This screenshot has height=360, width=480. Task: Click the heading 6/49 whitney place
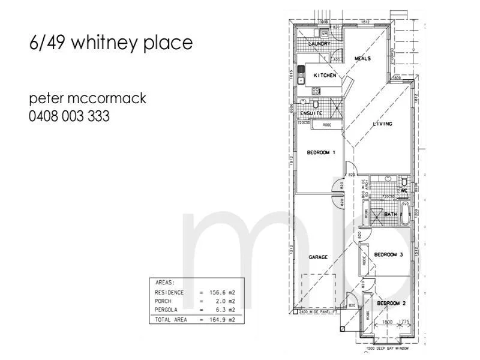point(110,43)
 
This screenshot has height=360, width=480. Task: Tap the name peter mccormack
point(88,98)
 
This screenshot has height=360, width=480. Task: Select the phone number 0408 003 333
point(69,116)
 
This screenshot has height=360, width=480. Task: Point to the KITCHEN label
point(325,76)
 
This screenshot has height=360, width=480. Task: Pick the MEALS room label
point(362,59)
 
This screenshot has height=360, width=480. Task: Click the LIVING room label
point(382,124)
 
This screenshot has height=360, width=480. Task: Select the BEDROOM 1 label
point(321,152)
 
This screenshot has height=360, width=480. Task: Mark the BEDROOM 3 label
point(388,254)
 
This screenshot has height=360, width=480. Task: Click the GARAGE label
point(318,257)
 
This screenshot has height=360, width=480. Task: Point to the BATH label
point(390,214)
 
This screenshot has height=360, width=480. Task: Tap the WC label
point(404,191)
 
